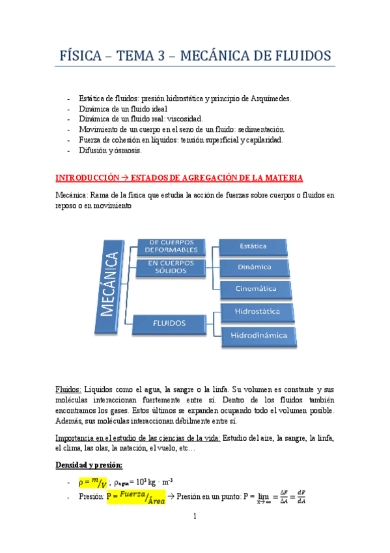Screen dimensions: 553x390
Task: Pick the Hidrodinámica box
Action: click(258, 336)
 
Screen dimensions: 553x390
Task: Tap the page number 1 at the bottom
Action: click(195, 517)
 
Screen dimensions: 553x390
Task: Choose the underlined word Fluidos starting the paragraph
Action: click(70, 389)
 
